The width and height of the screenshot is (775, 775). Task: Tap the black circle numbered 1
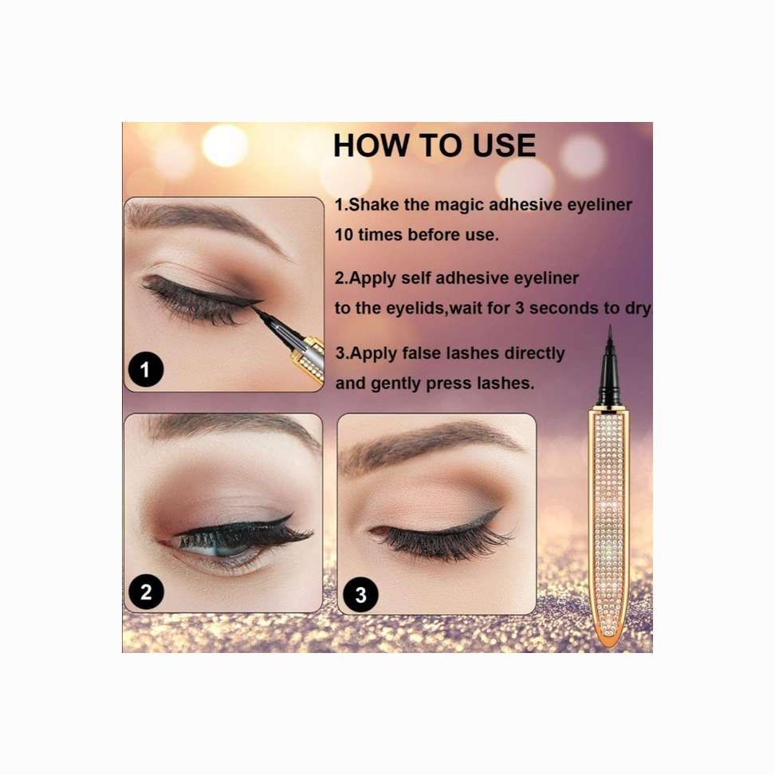tap(145, 369)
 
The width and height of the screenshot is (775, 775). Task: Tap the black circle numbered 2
tap(146, 592)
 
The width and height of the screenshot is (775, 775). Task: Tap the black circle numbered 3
tap(361, 595)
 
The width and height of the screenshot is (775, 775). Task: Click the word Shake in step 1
tap(374, 205)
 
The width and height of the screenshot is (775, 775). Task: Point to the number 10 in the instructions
tap(344, 234)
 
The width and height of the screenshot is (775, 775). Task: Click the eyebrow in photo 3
tap(430, 445)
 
